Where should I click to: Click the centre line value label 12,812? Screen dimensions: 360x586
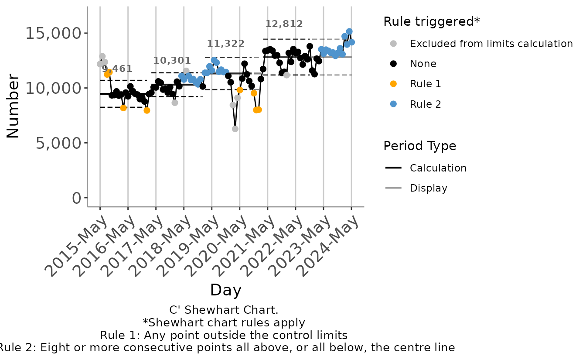pyautogui.click(x=284, y=24)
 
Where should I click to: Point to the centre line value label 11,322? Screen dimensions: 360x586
pyautogui.click(x=225, y=44)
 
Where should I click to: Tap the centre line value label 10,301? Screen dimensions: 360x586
pyautogui.click(x=172, y=61)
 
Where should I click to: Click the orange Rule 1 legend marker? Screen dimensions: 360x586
pyautogui.click(x=393, y=84)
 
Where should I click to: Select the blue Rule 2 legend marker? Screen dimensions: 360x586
pyautogui.click(x=393, y=104)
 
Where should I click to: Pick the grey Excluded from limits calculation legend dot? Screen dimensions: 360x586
pyautogui.click(x=393, y=44)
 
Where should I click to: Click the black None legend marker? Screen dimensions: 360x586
pyautogui.click(x=393, y=64)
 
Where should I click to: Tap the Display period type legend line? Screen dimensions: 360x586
pyautogui.click(x=393, y=188)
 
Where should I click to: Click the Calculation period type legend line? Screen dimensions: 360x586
pyautogui.click(x=393, y=168)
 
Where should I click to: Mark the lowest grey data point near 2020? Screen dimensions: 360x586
pyautogui.click(x=235, y=129)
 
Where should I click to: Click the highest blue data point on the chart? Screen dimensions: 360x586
pyautogui.click(x=349, y=31)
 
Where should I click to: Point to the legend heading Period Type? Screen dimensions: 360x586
pyautogui.click(x=419, y=146)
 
